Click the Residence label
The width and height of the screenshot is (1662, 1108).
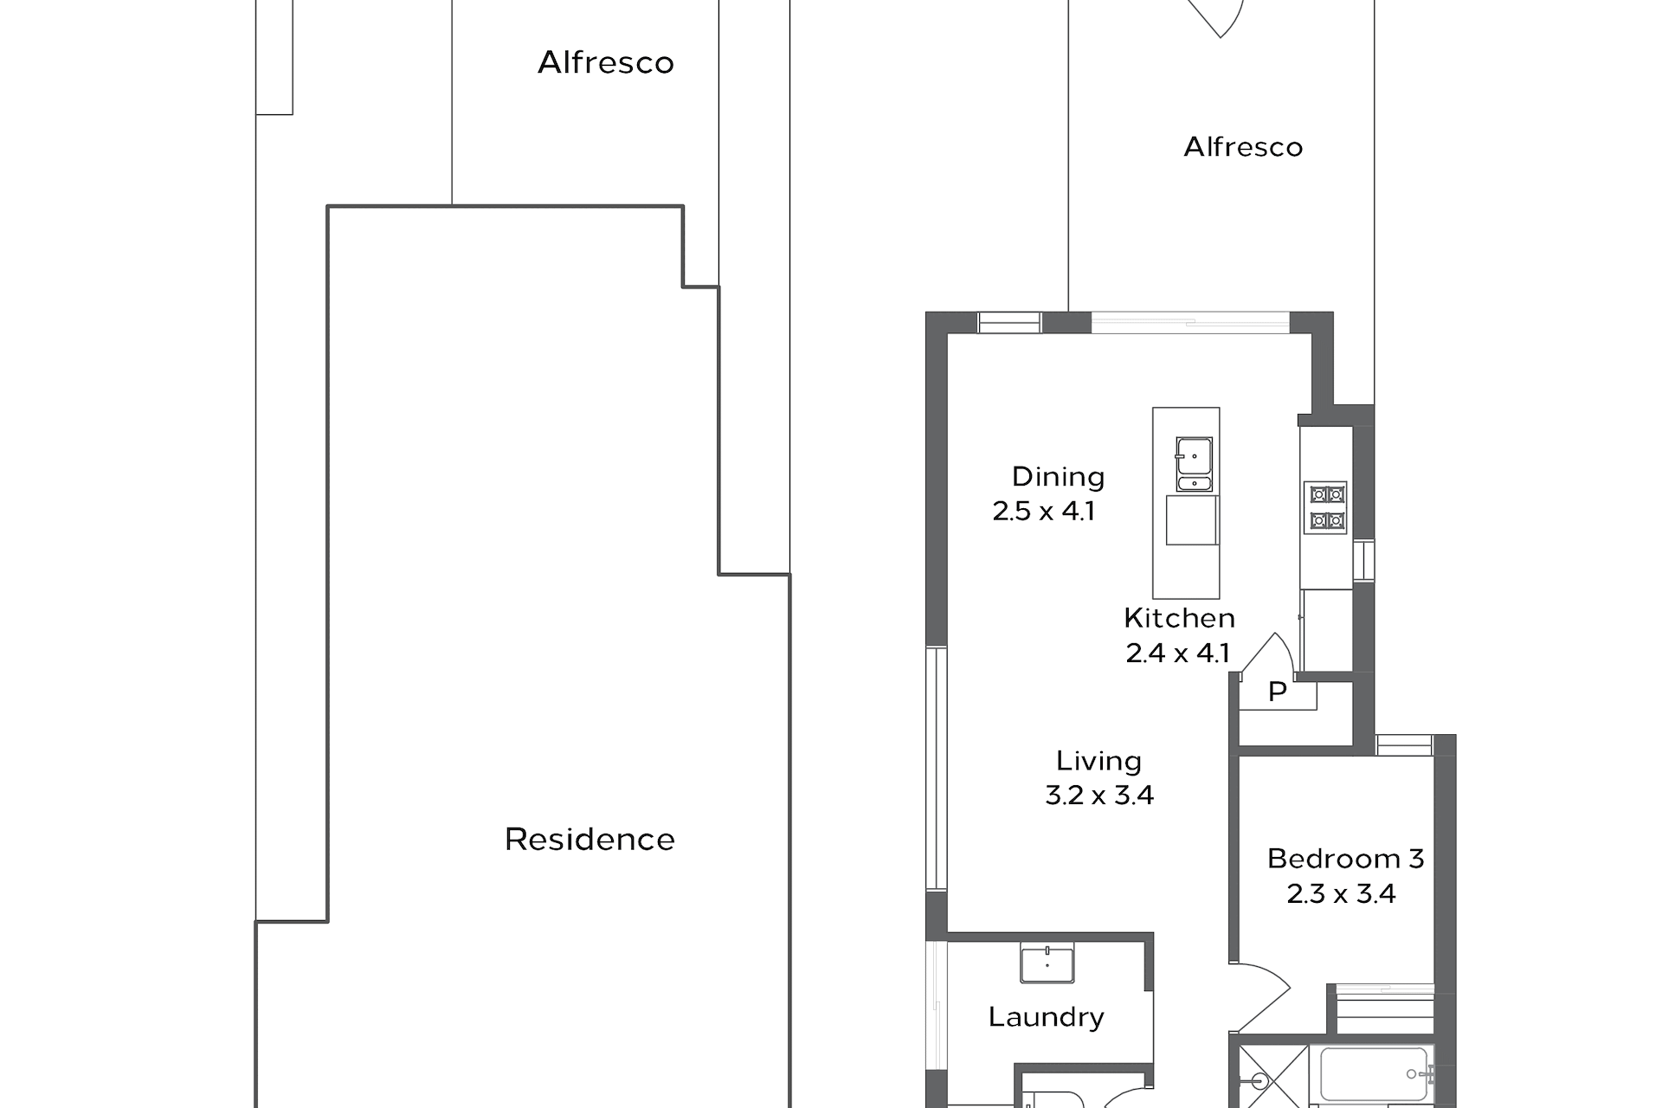[589, 839]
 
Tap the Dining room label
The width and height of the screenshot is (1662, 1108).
[1058, 477]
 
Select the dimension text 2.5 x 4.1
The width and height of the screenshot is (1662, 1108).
[1044, 511]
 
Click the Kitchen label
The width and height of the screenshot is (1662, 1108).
[1179, 618]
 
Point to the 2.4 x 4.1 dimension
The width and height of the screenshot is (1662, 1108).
[1177, 653]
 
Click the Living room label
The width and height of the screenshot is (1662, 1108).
[1098, 761]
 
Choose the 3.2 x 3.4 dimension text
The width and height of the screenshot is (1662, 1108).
[1099, 796]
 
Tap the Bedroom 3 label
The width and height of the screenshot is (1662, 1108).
[1345, 859]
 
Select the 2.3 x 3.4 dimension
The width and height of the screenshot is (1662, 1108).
[1341, 893]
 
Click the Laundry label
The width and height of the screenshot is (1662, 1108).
[1046, 1017]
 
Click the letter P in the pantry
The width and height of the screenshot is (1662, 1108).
[1277, 692]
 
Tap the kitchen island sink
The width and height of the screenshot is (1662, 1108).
[1194, 464]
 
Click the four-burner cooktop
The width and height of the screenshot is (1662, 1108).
[1326, 507]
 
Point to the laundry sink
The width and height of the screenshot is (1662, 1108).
[1047, 964]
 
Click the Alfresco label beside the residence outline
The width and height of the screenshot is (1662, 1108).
[606, 62]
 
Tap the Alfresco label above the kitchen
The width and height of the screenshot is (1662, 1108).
[1243, 147]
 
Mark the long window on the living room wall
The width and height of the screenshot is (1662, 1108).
[936, 769]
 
